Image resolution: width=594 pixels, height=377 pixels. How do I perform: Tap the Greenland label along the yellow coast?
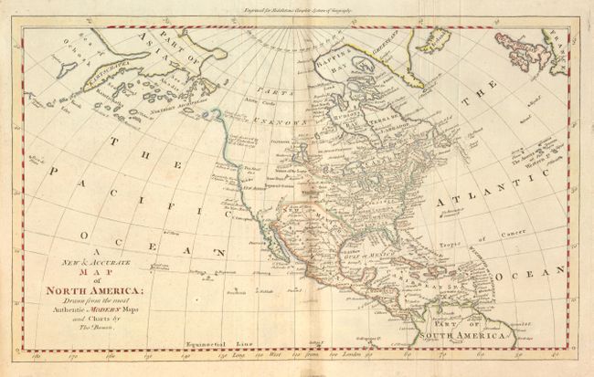click(x=431, y=36)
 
